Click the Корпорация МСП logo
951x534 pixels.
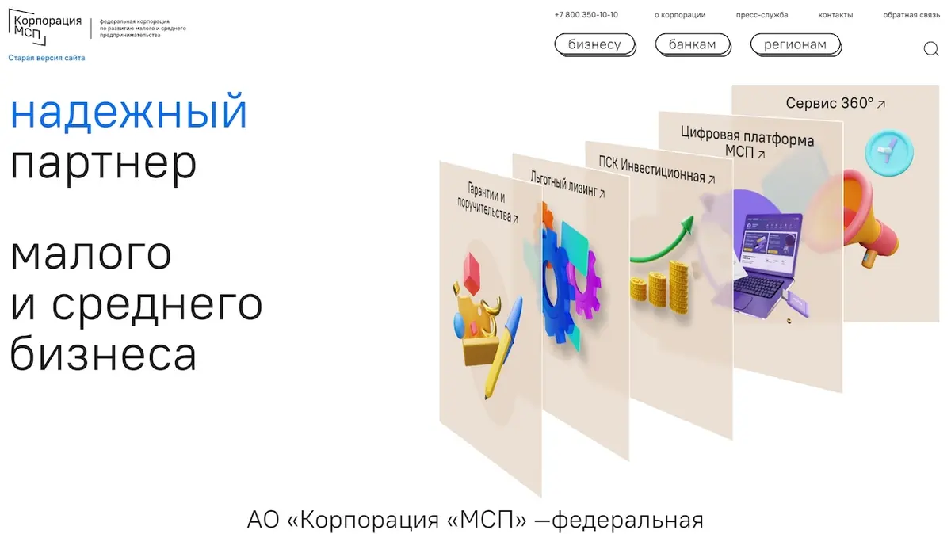tap(45, 27)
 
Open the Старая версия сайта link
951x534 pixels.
tap(47, 58)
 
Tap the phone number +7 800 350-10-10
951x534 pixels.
tap(586, 15)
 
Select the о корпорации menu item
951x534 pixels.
tap(680, 15)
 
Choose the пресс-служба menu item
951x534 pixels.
tap(762, 15)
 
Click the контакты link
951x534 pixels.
tap(835, 15)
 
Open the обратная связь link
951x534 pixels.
tap(911, 15)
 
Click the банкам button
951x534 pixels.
tap(693, 44)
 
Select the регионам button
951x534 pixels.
tap(795, 44)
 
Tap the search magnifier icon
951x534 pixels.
tap(930, 49)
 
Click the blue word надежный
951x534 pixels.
tap(128, 112)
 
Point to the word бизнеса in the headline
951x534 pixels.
tap(103, 353)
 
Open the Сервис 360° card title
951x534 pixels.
tap(835, 103)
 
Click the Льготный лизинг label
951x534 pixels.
tap(567, 185)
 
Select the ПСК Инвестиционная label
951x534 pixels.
tap(656, 170)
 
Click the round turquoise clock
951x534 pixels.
tap(889, 152)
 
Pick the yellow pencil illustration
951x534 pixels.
tap(503, 349)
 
